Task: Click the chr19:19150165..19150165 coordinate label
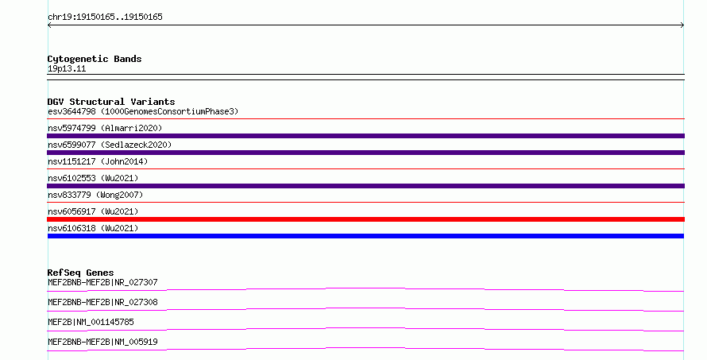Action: [x=105, y=17]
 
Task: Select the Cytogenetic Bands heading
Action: [x=95, y=59]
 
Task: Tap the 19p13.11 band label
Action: [x=67, y=68]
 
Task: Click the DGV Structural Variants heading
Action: [x=111, y=102]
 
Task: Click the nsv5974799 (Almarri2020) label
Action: [x=105, y=128]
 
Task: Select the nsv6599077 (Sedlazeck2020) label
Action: [x=110, y=145]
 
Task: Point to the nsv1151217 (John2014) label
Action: [x=98, y=161]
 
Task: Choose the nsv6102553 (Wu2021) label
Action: [x=93, y=178]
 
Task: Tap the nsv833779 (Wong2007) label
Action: [x=95, y=195]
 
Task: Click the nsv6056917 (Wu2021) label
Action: [x=93, y=211]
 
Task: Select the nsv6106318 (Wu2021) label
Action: [x=93, y=228]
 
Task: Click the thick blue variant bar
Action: [x=365, y=236]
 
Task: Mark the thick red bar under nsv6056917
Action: [x=365, y=219]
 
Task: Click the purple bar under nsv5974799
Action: [x=365, y=136]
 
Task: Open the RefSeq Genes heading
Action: [x=80, y=273]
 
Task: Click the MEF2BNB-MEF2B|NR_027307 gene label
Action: [x=102, y=282]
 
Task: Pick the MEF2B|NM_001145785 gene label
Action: [x=91, y=322]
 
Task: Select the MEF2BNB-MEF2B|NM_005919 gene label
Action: [x=102, y=342]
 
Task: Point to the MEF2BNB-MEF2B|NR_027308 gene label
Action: [x=102, y=302]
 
